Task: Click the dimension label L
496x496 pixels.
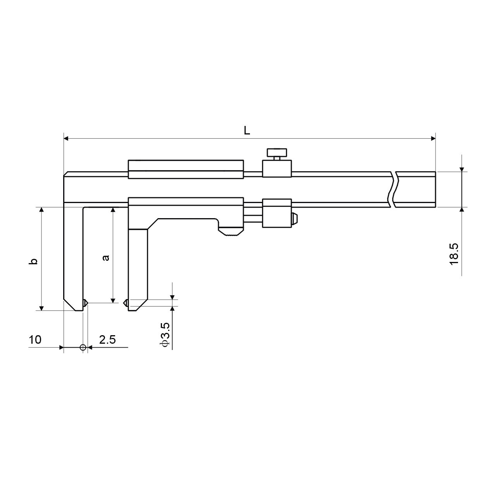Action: tap(247, 131)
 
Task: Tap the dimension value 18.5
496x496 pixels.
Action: tap(454, 254)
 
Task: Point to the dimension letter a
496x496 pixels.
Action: tap(105, 258)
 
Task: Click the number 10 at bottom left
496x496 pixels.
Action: tap(35, 340)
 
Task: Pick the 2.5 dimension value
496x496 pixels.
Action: tap(108, 340)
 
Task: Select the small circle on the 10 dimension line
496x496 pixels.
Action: tap(83, 348)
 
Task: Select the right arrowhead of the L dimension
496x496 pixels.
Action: tap(433, 139)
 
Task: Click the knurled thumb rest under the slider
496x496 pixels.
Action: tap(231, 231)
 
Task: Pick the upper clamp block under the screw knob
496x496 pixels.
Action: tap(277, 169)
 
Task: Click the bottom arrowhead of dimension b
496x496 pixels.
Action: tap(41, 308)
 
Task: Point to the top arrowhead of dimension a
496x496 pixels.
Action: tap(112, 210)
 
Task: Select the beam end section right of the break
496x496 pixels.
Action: tap(416, 189)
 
